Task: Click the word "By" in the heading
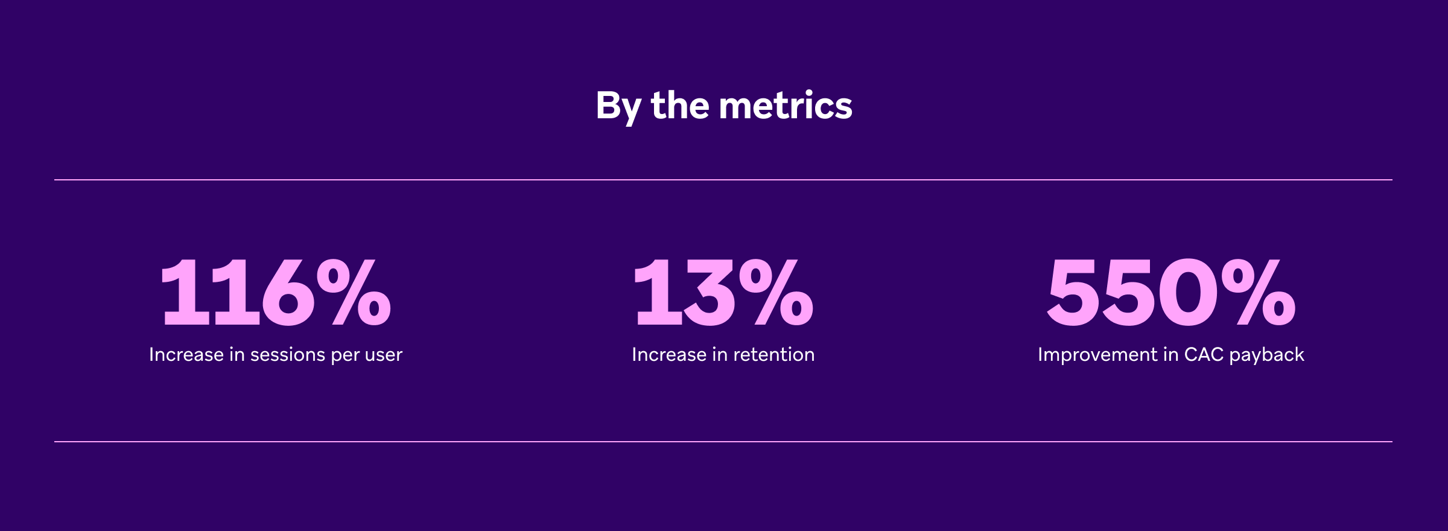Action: click(618, 106)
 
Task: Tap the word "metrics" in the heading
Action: click(786, 106)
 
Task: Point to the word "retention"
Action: click(774, 355)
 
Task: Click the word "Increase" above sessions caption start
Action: click(186, 355)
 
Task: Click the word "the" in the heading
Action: click(680, 106)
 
